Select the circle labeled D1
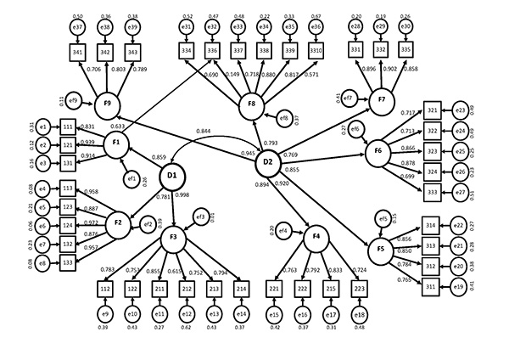click(172, 176)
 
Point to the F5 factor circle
click(380, 250)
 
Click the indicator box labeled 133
click(67, 263)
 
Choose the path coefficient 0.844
click(204, 132)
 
